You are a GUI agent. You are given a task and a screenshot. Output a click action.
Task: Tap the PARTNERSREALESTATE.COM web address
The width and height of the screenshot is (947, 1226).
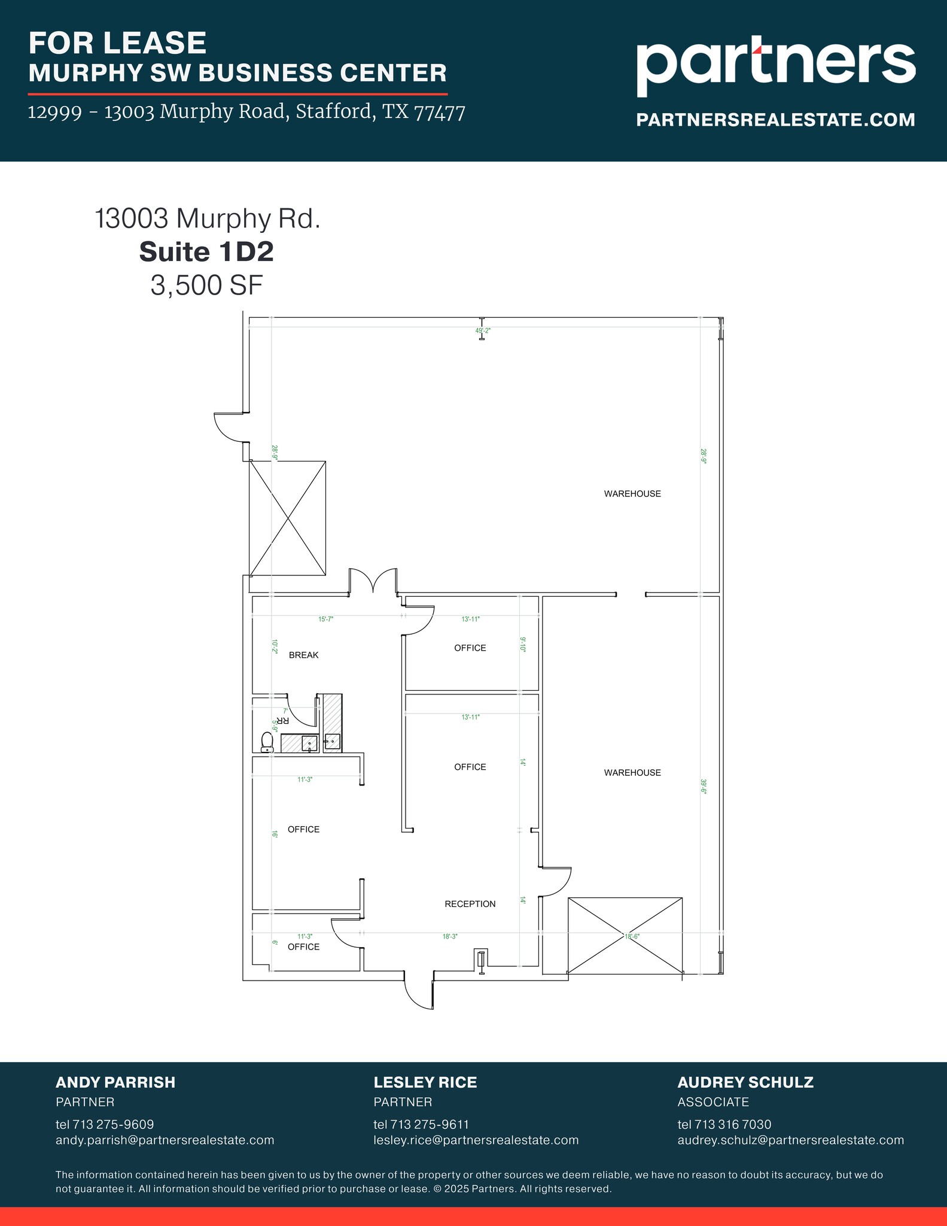coord(775,120)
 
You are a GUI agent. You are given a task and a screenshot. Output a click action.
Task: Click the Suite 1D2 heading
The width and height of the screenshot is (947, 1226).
coord(206,252)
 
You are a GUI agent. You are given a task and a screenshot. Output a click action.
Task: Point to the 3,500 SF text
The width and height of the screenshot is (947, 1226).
coord(206,286)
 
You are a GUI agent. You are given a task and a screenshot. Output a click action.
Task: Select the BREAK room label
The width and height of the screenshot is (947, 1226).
coord(303,655)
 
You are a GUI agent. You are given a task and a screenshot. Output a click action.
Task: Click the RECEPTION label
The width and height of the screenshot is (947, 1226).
coord(470,904)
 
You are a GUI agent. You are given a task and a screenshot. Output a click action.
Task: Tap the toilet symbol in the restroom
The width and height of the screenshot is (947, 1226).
coord(267,742)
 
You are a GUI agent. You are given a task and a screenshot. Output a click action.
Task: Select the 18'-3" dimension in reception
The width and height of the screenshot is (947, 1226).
coord(450,936)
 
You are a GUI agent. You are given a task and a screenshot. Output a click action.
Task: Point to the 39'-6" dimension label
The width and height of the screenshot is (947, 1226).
coord(704,786)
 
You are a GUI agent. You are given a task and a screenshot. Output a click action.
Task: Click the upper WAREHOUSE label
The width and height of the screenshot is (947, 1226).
coord(632,494)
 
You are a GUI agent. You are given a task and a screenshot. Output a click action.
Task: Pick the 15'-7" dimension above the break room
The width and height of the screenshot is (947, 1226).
coord(325,620)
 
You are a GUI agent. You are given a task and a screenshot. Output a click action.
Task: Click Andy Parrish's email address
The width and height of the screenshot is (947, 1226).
coord(165,1140)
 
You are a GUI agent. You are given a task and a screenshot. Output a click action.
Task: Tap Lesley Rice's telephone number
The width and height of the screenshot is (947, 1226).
coord(421,1124)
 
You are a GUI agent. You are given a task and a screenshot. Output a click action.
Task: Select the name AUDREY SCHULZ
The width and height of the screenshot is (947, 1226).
coord(745,1082)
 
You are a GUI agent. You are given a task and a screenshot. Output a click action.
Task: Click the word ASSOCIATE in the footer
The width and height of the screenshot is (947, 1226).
coord(713,1101)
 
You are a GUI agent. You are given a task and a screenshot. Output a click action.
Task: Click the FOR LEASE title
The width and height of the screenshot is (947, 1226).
coord(118,43)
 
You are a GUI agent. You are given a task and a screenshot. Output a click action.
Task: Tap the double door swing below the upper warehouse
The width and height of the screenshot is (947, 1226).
coord(373,580)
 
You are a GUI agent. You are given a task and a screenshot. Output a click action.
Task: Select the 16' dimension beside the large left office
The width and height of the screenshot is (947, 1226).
coord(275,833)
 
